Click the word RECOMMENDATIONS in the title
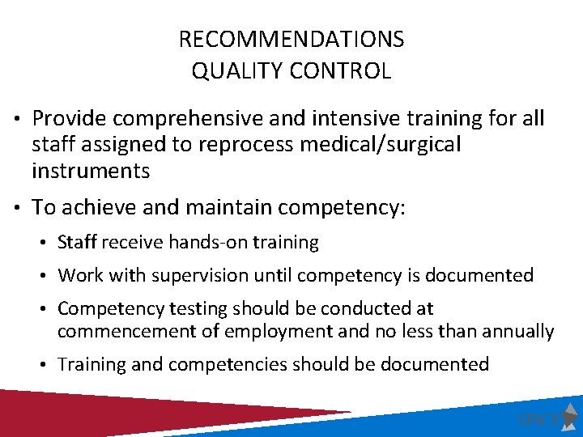(x=291, y=39)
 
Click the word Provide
(x=70, y=119)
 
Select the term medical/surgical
(x=385, y=145)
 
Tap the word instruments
(x=91, y=171)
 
